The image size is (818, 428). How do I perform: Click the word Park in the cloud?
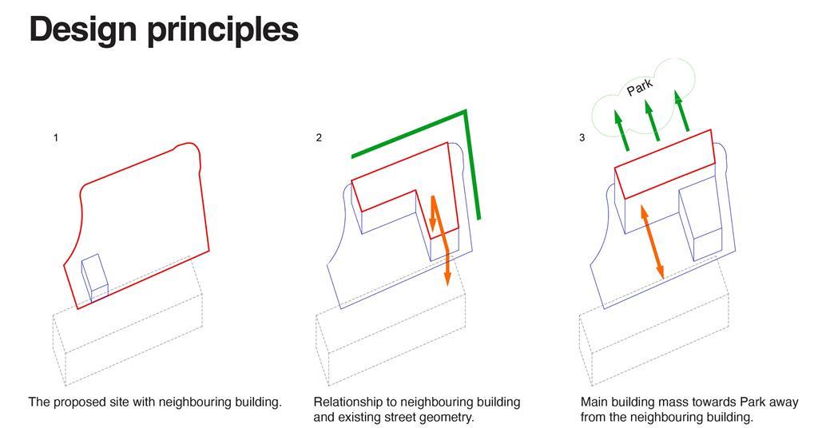[x=640, y=88]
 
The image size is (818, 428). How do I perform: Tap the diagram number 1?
[x=56, y=137]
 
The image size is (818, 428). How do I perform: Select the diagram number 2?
[x=319, y=137]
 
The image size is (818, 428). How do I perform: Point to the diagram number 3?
[x=582, y=137]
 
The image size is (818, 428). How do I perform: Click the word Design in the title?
[x=83, y=30]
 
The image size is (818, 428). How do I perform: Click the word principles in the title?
[x=224, y=30]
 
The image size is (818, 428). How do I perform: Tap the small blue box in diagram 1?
[x=94, y=278]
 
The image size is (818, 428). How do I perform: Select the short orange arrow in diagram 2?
[x=432, y=214]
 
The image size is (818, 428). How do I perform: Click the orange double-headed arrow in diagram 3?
[x=651, y=242]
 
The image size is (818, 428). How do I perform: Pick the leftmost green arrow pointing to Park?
[x=621, y=130]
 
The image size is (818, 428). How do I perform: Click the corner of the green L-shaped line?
[x=466, y=111]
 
